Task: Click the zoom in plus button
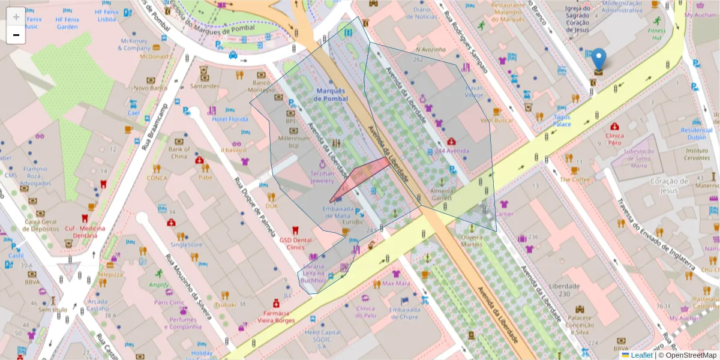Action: pyautogui.click(x=16, y=17)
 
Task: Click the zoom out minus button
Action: pyautogui.click(x=16, y=35)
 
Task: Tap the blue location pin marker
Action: pyautogui.click(x=598, y=61)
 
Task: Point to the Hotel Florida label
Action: pyautogui.click(x=230, y=119)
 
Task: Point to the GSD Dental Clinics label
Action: pyautogui.click(x=295, y=243)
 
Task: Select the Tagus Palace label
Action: pyautogui.click(x=562, y=121)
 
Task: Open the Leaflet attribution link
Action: pyautogui.click(x=641, y=355)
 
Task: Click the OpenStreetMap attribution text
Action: pyautogui.click(x=687, y=355)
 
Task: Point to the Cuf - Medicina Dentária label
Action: pyautogui.click(x=84, y=232)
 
